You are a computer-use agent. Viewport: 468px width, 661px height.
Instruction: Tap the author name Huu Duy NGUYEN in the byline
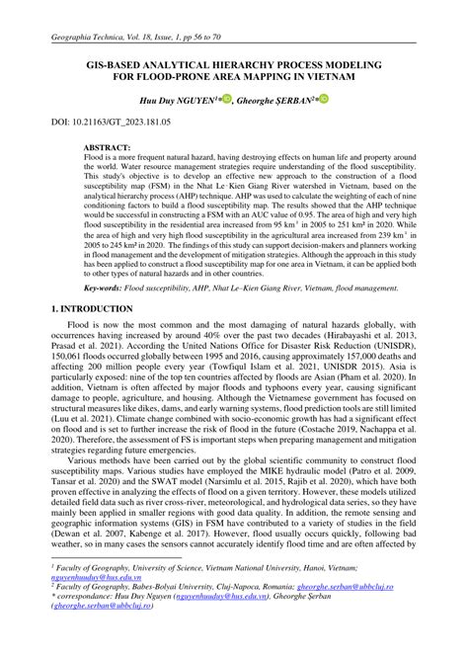pyautogui.click(x=182, y=101)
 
